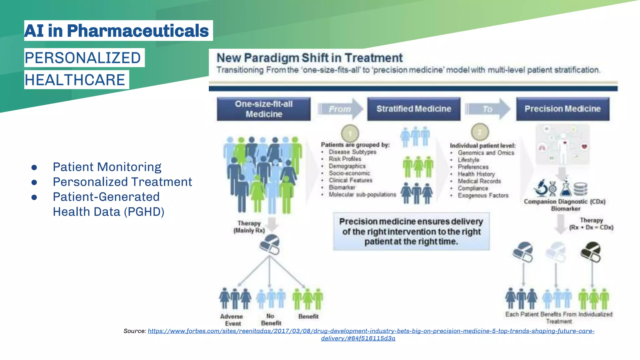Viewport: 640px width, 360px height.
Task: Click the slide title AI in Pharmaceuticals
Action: pyautogui.click(x=117, y=31)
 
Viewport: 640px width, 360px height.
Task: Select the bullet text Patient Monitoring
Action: pyautogui.click(x=107, y=167)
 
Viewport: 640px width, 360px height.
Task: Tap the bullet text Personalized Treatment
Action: pyautogui.click(x=122, y=182)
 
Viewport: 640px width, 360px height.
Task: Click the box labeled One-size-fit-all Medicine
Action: pyautogui.click(x=264, y=109)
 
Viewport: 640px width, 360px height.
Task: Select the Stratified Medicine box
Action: pyautogui.click(x=414, y=109)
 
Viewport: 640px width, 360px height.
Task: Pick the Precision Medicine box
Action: pyautogui.click(x=562, y=109)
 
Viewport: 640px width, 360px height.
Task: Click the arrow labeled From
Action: pyautogui.click(x=340, y=109)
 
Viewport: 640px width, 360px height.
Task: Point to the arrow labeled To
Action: pyautogui.click(x=487, y=109)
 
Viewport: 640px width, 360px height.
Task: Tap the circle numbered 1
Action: pyautogui.click(x=350, y=133)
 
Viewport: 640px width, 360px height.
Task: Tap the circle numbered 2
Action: pyautogui.click(x=480, y=132)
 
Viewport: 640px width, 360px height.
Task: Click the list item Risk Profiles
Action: pyautogui.click(x=345, y=159)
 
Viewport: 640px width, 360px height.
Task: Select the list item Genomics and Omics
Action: pyautogui.click(x=486, y=153)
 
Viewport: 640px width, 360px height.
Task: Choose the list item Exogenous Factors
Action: pyautogui.click(x=483, y=196)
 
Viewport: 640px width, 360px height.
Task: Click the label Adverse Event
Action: pyautogui.click(x=232, y=320)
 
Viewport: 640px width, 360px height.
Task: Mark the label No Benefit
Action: pyautogui.click(x=271, y=320)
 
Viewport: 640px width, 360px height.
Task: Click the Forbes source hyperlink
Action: pyautogui.click(x=371, y=331)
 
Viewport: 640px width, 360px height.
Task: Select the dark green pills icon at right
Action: pyautogui.click(x=591, y=252)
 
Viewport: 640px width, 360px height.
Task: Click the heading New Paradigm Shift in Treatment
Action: pyautogui.click(x=309, y=58)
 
